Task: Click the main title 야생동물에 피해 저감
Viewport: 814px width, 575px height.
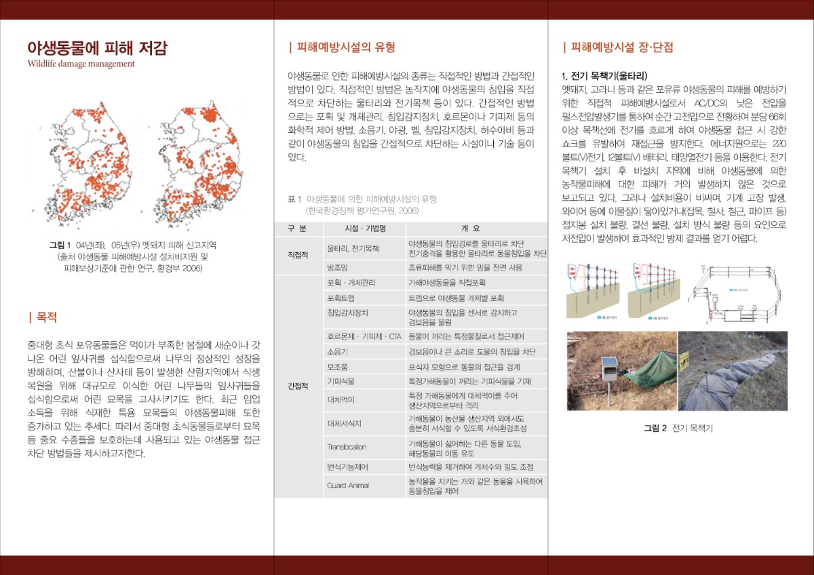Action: [x=97, y=48]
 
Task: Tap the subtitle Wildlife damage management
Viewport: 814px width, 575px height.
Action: [x=81, y=64]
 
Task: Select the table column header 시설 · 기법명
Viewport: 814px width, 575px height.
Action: [x=366, y=228]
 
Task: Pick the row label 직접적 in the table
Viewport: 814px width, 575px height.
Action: [x=298, y=254]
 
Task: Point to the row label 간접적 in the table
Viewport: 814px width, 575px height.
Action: [x=298, y=386]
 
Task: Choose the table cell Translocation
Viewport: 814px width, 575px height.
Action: [x=347, y=447]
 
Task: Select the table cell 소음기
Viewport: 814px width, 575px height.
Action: [x=337, y=351]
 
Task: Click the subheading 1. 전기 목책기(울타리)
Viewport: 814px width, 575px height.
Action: [x=604, y=75]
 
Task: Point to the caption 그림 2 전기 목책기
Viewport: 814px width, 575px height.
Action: [x=678, y=428]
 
